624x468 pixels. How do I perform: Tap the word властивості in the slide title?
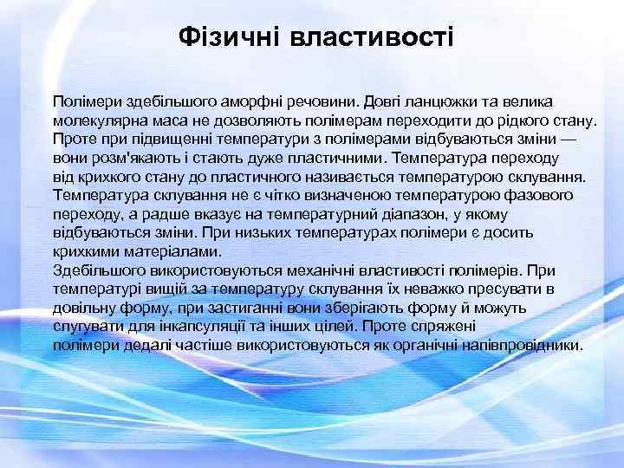372,36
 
